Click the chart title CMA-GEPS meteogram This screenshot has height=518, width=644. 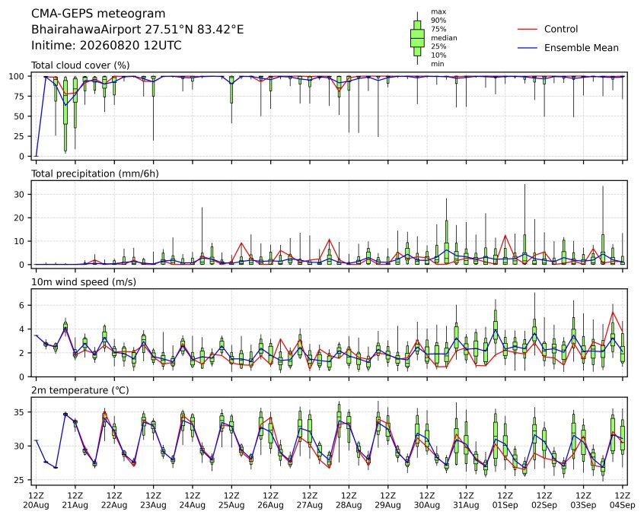[98, 14]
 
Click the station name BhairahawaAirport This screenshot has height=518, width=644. [86, 30]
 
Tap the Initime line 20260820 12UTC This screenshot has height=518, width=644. [131, 45]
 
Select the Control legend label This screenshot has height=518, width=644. [560, 29]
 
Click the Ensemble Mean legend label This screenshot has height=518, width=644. [581, 48]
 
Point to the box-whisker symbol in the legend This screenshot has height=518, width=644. [417, 38]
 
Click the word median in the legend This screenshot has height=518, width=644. [444, 38]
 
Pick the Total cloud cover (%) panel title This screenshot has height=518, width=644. [81, 65]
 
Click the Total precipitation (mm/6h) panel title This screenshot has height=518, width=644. [95, 173]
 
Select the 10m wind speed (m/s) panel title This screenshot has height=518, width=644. [84, 282]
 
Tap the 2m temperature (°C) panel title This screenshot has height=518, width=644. [80, 390]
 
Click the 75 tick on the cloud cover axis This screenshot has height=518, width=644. [19, 96]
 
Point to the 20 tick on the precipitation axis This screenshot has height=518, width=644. [19, 218]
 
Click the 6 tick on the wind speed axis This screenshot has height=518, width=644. [22, 305]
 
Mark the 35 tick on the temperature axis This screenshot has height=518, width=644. [19, 412]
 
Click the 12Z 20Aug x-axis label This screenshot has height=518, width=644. [36, 501]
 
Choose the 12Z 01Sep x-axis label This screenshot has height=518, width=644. [505, 501]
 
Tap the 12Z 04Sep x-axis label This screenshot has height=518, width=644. [623, 501]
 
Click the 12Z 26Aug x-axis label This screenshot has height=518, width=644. [271, 501]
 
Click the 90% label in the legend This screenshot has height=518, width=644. [438, 21]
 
